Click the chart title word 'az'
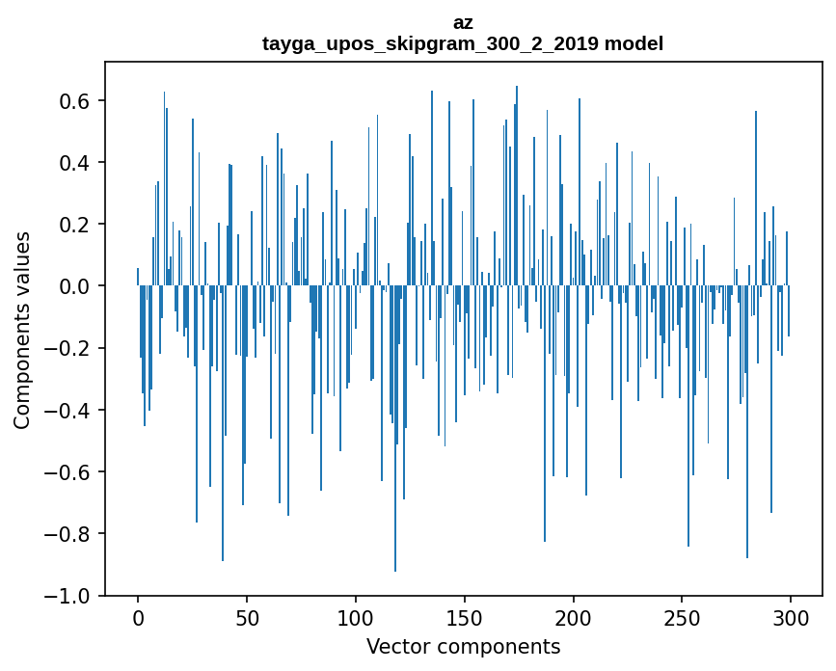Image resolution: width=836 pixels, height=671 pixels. [x=463, y=22]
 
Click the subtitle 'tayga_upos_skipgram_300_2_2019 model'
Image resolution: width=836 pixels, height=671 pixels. [x=463, y=43]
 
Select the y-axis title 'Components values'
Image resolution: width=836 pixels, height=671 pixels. [x=22, y=330]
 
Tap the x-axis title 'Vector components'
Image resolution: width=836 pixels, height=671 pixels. [x=463, y=646]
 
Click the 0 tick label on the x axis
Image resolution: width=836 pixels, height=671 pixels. [x=138, y=616]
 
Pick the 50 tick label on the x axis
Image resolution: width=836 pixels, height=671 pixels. [x=247, y=616]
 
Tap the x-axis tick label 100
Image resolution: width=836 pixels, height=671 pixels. [x=356, y=616]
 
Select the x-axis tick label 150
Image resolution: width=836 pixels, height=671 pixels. [x=465, y=616]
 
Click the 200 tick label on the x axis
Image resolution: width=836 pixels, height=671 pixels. [x=574, y=616]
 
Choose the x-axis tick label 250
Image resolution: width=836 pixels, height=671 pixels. [x=683, y=616]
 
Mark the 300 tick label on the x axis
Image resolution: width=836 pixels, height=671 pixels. [x=792, y=616]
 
